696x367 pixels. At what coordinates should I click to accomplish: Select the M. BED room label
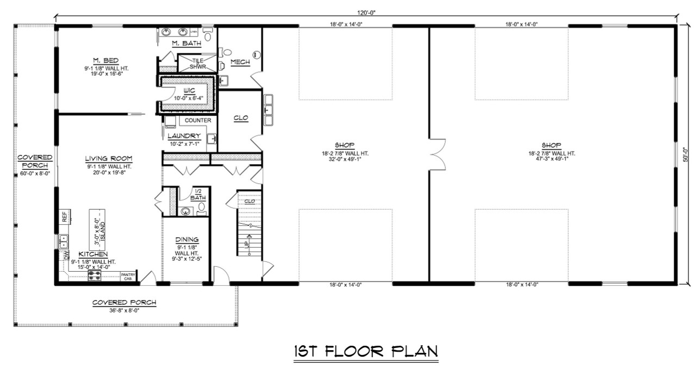pyautogui.click(x=105, y=60)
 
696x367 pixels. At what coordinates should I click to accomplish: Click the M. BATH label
pyautogui.click(x=187, y=43)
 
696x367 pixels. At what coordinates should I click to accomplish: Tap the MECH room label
pyautogui.click(x=240, y=62)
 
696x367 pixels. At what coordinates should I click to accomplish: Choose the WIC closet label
pyautogui.click(x=188, y=90)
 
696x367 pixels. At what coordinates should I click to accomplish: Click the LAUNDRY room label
pyautogui.click(x=184, y=136)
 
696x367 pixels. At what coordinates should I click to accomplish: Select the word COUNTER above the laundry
pyautogui.click(x=198, y=120)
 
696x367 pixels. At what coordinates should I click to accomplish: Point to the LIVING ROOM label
pyautogui.click(x=109, y=158)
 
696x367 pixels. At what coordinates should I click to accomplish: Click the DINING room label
pyautogui.click(x=187, y=240)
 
